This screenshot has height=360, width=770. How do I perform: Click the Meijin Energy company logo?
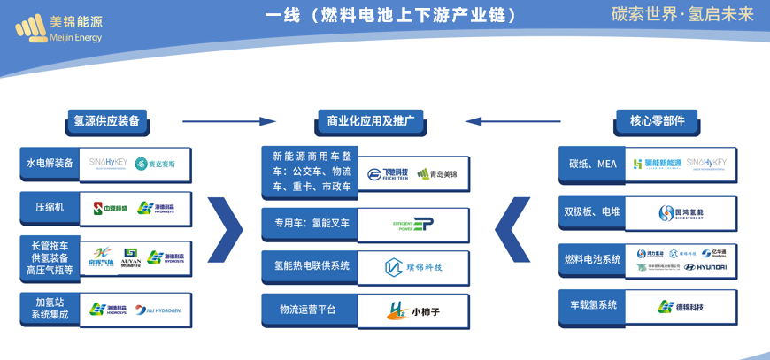[58, 29]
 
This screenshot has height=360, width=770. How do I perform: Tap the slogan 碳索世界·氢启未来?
[681, 14]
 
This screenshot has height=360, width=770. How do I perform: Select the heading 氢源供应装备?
[106, 121]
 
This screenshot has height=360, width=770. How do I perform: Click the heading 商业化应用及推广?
[370, 121]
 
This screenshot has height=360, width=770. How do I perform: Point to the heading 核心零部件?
[657, 121]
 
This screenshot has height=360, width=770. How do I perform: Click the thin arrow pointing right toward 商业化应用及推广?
[229, 121]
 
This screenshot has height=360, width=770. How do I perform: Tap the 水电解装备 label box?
[50, 164]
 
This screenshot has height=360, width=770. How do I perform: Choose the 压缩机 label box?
[50, 208]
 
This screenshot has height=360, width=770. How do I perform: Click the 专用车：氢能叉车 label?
[312, 224]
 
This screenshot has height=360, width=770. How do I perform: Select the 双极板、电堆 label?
[592, 212]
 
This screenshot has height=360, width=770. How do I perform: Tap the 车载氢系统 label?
[592, 305]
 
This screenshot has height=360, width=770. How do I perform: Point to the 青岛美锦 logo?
[438, 174]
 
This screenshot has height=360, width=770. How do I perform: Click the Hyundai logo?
[705, 267]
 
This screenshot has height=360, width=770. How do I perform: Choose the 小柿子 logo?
[414, 311]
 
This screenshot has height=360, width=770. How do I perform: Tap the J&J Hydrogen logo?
[158, 310]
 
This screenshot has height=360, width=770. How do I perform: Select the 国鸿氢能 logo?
[681, 213]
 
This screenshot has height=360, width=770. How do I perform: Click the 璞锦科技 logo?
[413, 267]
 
